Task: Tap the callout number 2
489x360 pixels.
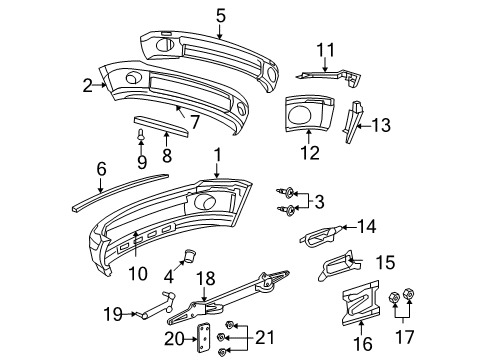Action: (x=87, y=85)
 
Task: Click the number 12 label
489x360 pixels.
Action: (x=311, y=153)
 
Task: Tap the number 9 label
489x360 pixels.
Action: (x=142, y=160)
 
